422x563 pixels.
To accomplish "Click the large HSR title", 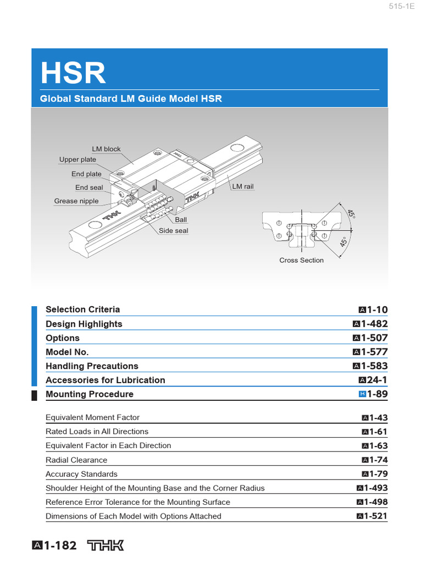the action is tap(73, 73).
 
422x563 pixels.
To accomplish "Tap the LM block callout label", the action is tap(106, 149).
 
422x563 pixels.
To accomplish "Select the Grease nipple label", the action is tap(76, 201).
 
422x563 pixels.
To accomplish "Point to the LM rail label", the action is tap(243, 186).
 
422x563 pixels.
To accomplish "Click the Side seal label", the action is tap(173, 230).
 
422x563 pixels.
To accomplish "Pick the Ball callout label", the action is tap(181, 220).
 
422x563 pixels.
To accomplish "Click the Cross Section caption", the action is tap(302, 260).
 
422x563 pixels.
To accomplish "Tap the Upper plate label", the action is tap(77, 159).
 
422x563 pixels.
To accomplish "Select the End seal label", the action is tap(89, 187).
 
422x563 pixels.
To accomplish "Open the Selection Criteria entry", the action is tap(83, 310).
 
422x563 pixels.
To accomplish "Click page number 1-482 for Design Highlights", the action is tap(374, 324).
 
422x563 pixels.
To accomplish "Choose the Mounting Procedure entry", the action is tap(90, 394).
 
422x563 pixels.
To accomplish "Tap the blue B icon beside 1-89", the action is tap(363, 394).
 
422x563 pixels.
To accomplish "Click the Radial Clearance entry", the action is tap(76, 460).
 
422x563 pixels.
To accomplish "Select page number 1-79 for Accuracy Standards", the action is tap(379, 474).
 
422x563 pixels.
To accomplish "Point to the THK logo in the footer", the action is tap(105, 545).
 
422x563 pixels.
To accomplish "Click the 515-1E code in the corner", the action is tap(402, 6).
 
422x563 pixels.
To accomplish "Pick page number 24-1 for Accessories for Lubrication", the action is tap(377, 380).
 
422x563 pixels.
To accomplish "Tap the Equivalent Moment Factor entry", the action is tap(92, 418).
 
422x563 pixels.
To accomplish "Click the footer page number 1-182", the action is tap(60, 545).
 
